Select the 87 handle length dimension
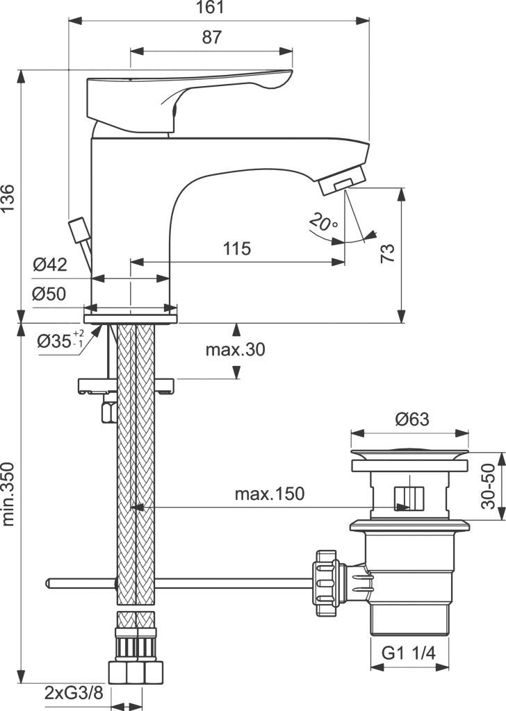(x=212, y=37)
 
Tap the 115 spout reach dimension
(x=237, y=249)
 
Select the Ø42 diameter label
(x=49, y=264)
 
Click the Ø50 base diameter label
(x=49, y=294)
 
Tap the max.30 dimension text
(x=235, y=349)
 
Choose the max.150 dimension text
(x=269, y=494)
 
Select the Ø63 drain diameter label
(x=412, y=419)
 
